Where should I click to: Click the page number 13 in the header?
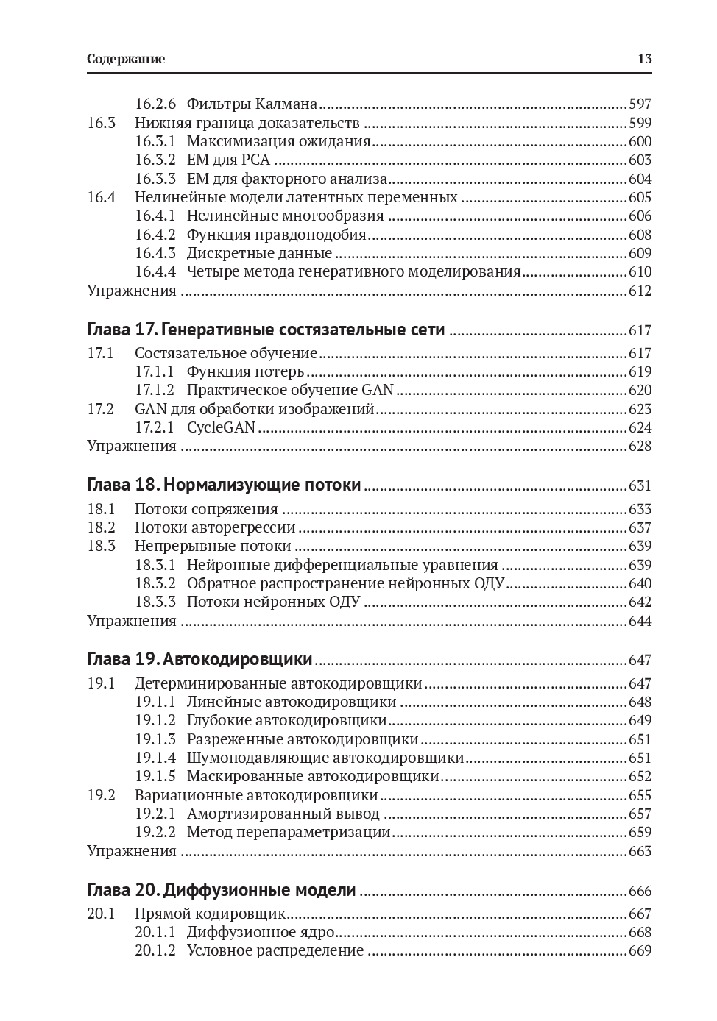point(644,60)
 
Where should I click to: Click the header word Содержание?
point(126,60)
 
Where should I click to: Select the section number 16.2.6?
point(155,104)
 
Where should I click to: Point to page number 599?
point(640,123)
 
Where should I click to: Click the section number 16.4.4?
point(155,271)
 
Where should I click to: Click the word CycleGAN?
point(221,427)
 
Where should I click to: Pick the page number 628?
point(640,446)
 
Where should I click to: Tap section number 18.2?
point(102,527)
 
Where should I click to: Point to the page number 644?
point(640,621)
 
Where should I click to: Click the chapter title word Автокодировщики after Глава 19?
point(238,659)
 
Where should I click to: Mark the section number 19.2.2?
point(155,832)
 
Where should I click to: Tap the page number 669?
point(640,950)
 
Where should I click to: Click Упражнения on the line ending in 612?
point(132,291)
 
